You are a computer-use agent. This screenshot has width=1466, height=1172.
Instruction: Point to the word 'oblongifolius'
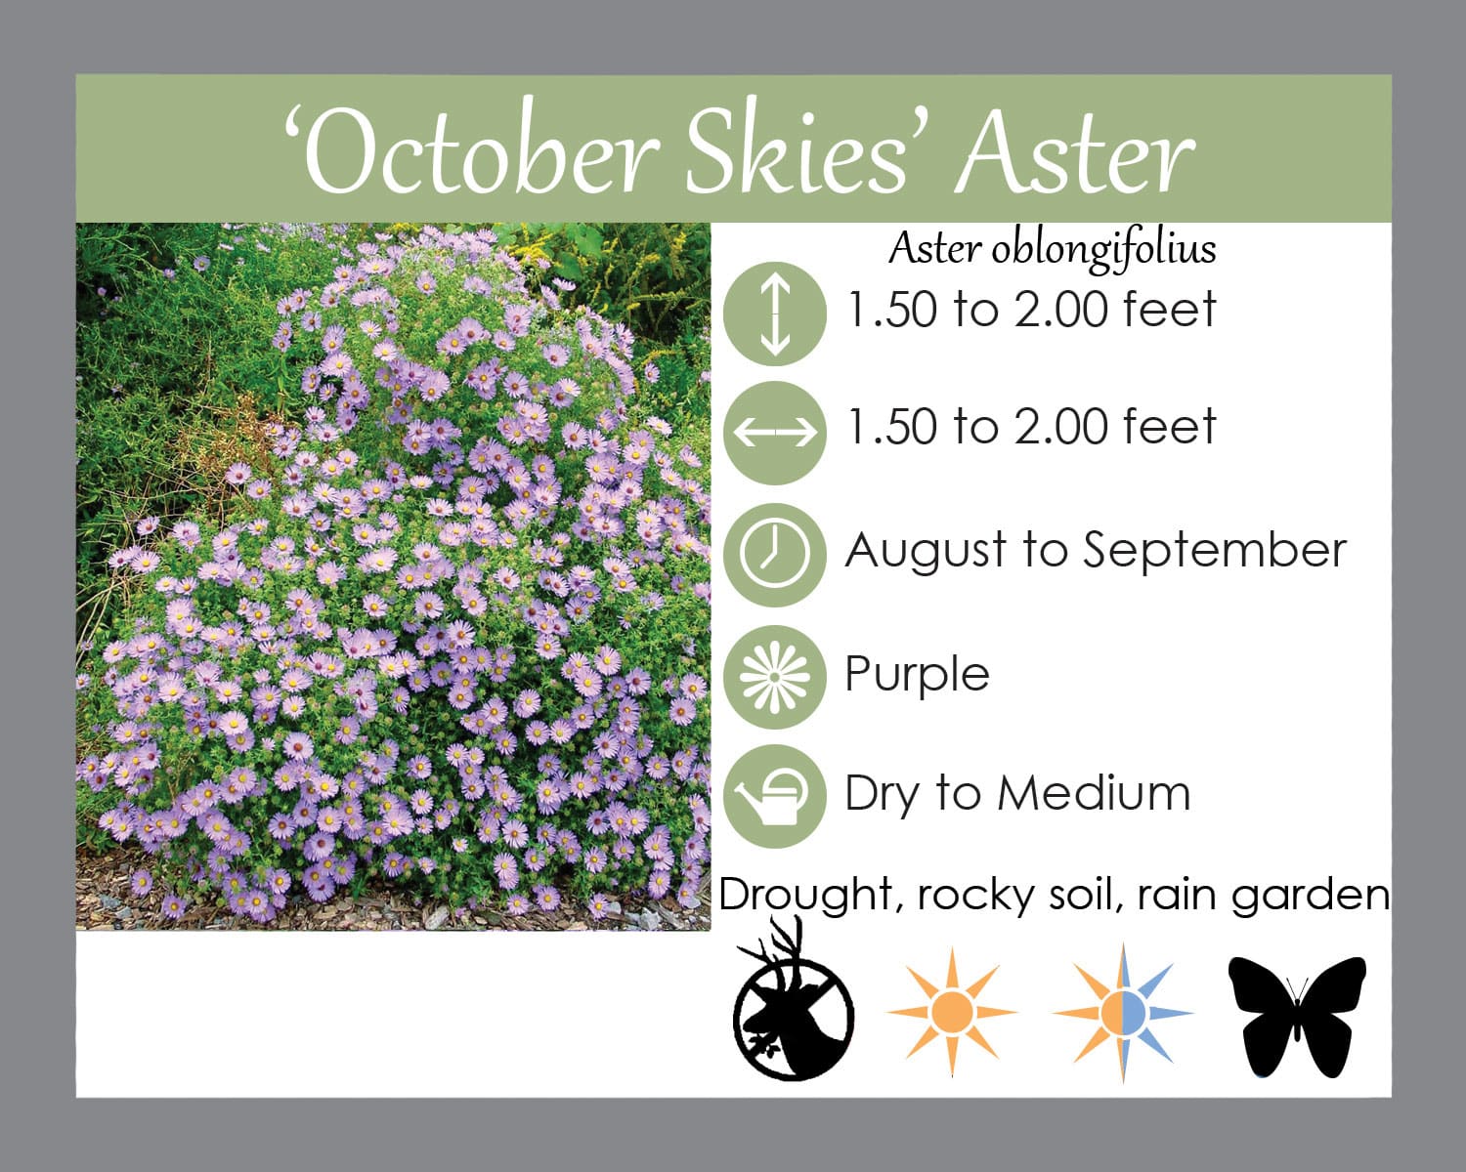click(x=1103, y=251)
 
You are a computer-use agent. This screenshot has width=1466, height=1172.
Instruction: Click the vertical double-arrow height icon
click(x=775, y=314)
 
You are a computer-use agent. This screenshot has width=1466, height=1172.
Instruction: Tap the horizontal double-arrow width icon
click(x=775, y=433)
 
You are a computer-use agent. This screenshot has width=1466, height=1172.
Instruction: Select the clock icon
click(x=775, y=555)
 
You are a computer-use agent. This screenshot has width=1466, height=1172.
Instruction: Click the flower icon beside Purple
click(x=775, y=677)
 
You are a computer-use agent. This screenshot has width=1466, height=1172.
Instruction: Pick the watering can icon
click(x=775, y=796)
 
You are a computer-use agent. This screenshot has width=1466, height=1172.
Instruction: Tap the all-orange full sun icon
click(x=952, y=1013)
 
